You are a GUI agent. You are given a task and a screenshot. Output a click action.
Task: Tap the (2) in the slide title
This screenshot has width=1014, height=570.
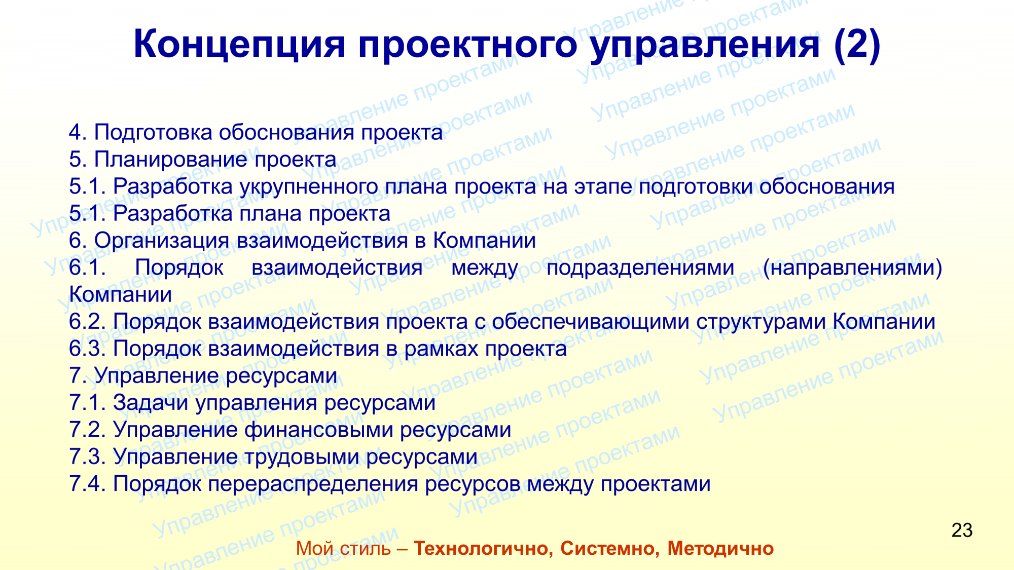tap(857, 45)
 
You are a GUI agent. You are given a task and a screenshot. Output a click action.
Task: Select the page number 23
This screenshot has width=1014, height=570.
tap(962, 530)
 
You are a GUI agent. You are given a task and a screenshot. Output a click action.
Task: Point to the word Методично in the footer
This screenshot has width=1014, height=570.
tap(720, 548)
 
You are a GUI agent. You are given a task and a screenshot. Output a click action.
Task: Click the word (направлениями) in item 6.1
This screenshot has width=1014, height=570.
tap(852, 268)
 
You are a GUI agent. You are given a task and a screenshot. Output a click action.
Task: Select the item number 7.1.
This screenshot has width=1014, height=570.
tap(88, 403)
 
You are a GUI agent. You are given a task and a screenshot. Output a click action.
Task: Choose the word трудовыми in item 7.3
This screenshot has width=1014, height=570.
tap(302, 457)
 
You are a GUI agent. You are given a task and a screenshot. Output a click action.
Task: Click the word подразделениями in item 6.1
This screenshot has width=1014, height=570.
tap(640, 268)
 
